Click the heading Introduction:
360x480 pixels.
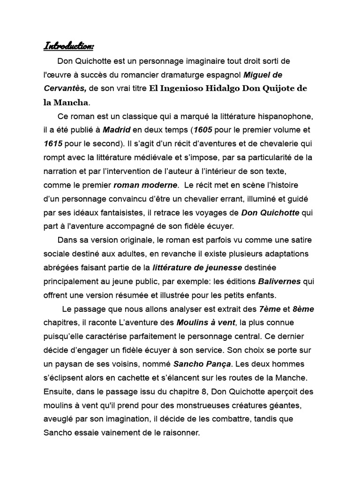pyautogui.click(x=69, y=45)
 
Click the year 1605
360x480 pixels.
pyautogui.click(x=203, y=129)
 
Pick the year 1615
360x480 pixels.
pyautogui.click(x=53, y=143)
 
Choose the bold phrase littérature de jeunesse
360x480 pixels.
pyautogui.click(x=197, y=268)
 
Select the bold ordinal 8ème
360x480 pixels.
pyautogui.click(x=303, y=309)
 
